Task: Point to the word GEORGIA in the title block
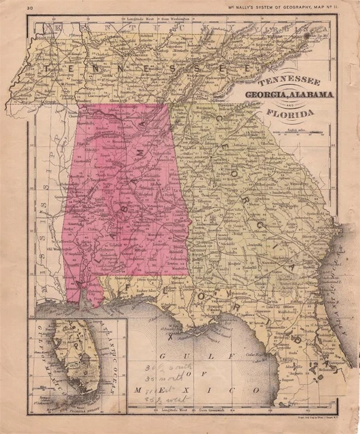click(x=258, y=96)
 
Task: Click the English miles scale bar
click(x=296, y=131)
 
